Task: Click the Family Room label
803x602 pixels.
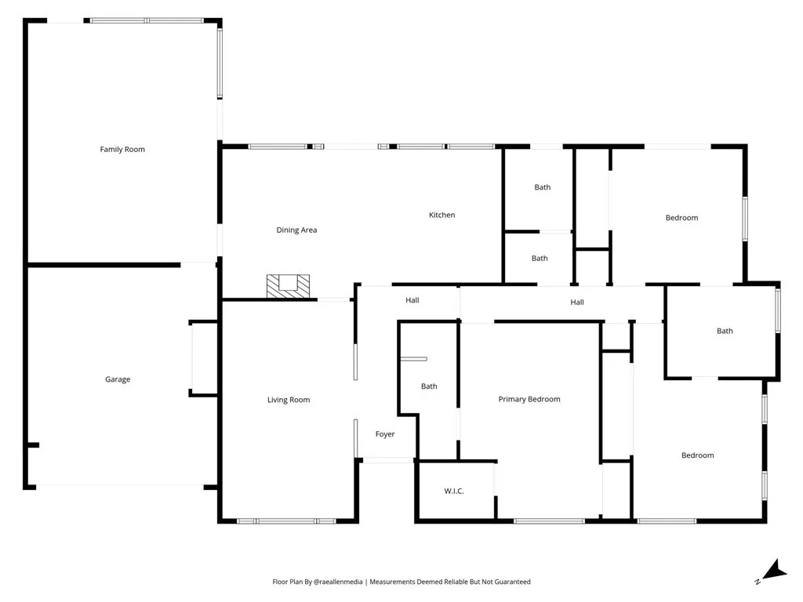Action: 122,149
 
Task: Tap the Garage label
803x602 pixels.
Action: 118,379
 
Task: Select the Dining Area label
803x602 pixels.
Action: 296,230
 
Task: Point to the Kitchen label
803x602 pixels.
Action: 441,215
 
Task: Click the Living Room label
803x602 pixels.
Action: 289,400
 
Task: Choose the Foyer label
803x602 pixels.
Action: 385,434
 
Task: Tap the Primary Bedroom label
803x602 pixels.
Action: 529,399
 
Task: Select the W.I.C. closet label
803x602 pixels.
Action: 454,491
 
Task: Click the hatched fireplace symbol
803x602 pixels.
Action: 288,285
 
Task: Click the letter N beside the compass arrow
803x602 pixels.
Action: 757,582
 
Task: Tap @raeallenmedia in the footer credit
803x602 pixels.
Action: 339,582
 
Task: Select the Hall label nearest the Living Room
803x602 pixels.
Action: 412,300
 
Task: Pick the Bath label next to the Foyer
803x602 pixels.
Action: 429,386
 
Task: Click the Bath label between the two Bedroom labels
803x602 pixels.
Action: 725,331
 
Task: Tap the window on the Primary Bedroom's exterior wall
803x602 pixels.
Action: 549,521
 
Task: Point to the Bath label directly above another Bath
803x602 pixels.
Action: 543,187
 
